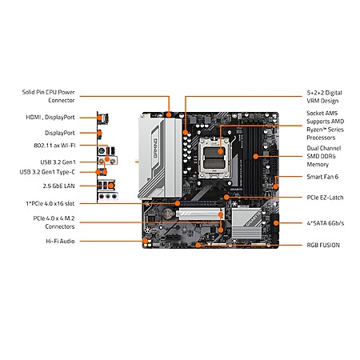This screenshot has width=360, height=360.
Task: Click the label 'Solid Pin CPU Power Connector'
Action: (x=48, y=96)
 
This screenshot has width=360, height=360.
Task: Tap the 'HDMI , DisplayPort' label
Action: (x=50, y=118)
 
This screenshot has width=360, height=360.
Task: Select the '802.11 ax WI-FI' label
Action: (x=54, y=146)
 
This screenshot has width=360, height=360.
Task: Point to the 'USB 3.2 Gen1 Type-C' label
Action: (x=47, y=172)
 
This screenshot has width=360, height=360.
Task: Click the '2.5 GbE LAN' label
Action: (x=58, y=186)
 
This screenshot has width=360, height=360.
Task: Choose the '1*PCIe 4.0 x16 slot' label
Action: (x=50, y=203)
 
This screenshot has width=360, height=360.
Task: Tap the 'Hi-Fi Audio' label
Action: (x=60, y=241)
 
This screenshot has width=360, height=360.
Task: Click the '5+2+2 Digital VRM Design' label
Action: (x=324, y=97)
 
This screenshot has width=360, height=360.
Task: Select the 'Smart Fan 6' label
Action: (x=322, y=177)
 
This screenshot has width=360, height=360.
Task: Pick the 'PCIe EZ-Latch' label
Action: (x=325, y=198)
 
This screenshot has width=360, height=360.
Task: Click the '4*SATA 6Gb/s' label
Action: (x=326, y=223)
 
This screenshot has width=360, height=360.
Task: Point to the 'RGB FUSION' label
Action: (x=323, y=245)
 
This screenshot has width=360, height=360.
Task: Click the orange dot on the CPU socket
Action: (x=220, y=151)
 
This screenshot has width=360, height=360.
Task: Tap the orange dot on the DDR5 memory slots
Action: (x=256, y=156)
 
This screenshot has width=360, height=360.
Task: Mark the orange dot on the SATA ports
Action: (x=276, y=223)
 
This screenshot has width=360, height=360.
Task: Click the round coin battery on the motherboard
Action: (x=168, y=213)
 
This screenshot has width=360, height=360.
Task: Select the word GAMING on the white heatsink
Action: (x=155, y=148)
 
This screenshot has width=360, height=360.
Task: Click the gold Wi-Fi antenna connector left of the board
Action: (x=137, y=162)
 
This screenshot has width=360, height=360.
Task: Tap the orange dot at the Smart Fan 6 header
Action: (x=276, y=187)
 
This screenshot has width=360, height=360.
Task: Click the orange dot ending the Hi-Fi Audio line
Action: (x=146, y=241)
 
